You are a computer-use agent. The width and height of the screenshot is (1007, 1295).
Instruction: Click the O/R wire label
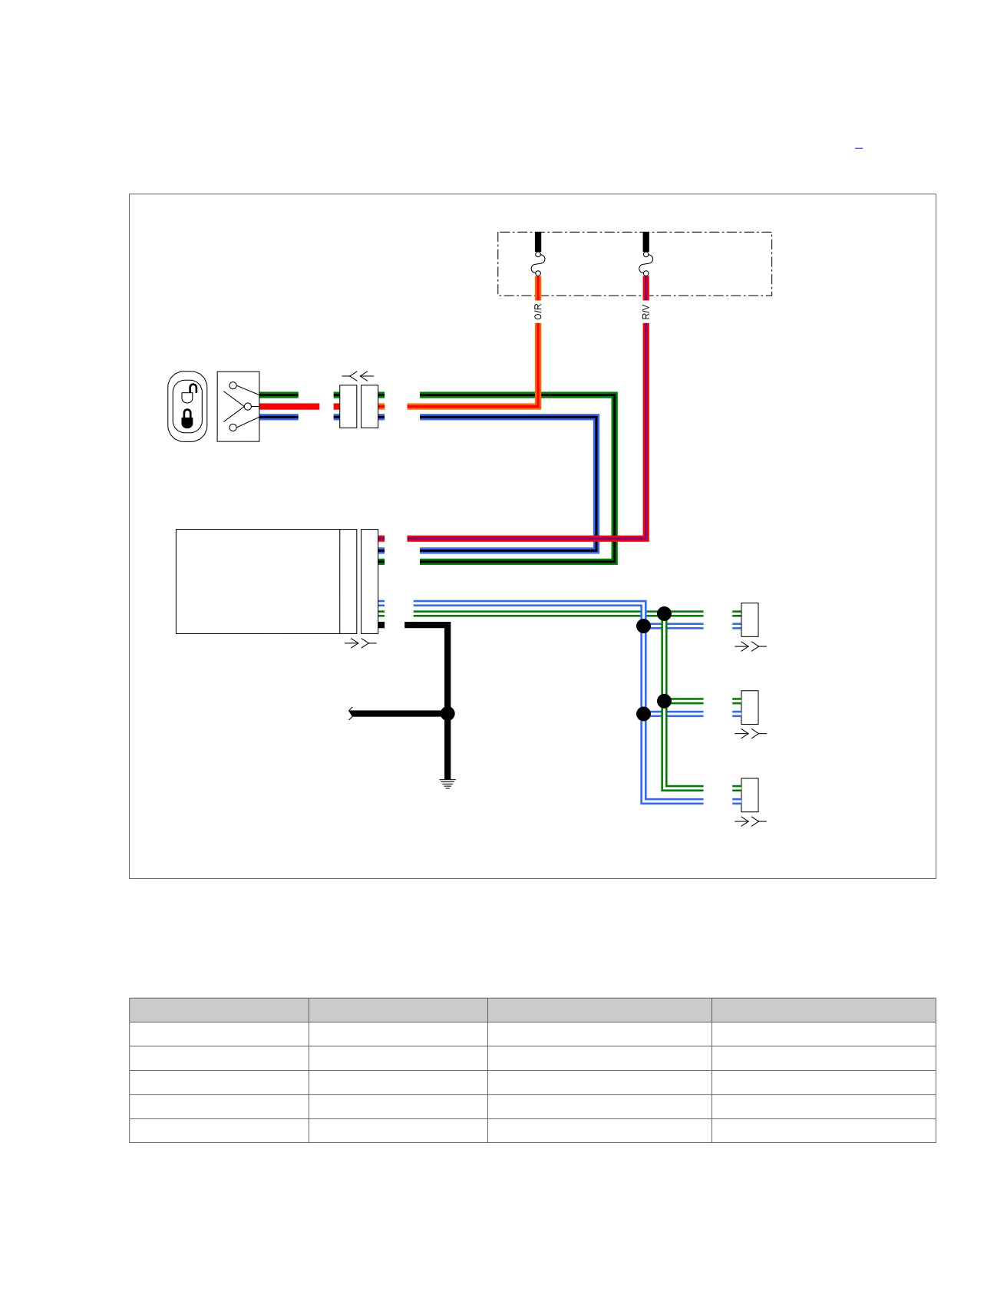[538, 311]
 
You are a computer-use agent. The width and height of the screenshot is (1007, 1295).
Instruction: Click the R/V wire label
[646, 312]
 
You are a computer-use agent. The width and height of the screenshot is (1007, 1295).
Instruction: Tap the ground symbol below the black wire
[448, 784]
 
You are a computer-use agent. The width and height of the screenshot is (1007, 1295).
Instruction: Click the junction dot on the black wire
[448, 714]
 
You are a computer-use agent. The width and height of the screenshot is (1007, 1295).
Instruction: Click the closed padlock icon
[187, 418]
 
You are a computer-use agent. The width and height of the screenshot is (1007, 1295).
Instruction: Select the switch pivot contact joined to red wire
[247, 406]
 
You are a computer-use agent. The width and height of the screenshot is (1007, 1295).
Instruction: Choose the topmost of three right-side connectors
[750, 620]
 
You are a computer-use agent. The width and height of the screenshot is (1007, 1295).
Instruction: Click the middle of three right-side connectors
[750, 708]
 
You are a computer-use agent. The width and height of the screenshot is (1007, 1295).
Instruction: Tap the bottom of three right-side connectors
[750, 795]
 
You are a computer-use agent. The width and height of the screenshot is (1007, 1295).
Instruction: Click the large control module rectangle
[258, 581]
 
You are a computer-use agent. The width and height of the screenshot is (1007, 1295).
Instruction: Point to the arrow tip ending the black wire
[350, 714]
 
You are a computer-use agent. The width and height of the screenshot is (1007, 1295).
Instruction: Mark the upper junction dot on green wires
[665, 614]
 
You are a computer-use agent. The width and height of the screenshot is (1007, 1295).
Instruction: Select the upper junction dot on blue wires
[644, 626]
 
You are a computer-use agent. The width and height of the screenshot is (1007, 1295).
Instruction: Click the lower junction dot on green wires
[665, 701]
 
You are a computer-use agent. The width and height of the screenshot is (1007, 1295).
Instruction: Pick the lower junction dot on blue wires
[644, 714]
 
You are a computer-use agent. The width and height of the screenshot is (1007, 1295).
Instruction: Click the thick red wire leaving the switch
[289, 406]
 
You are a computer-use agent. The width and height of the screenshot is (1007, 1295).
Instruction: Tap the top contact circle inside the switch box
[233, 385]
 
